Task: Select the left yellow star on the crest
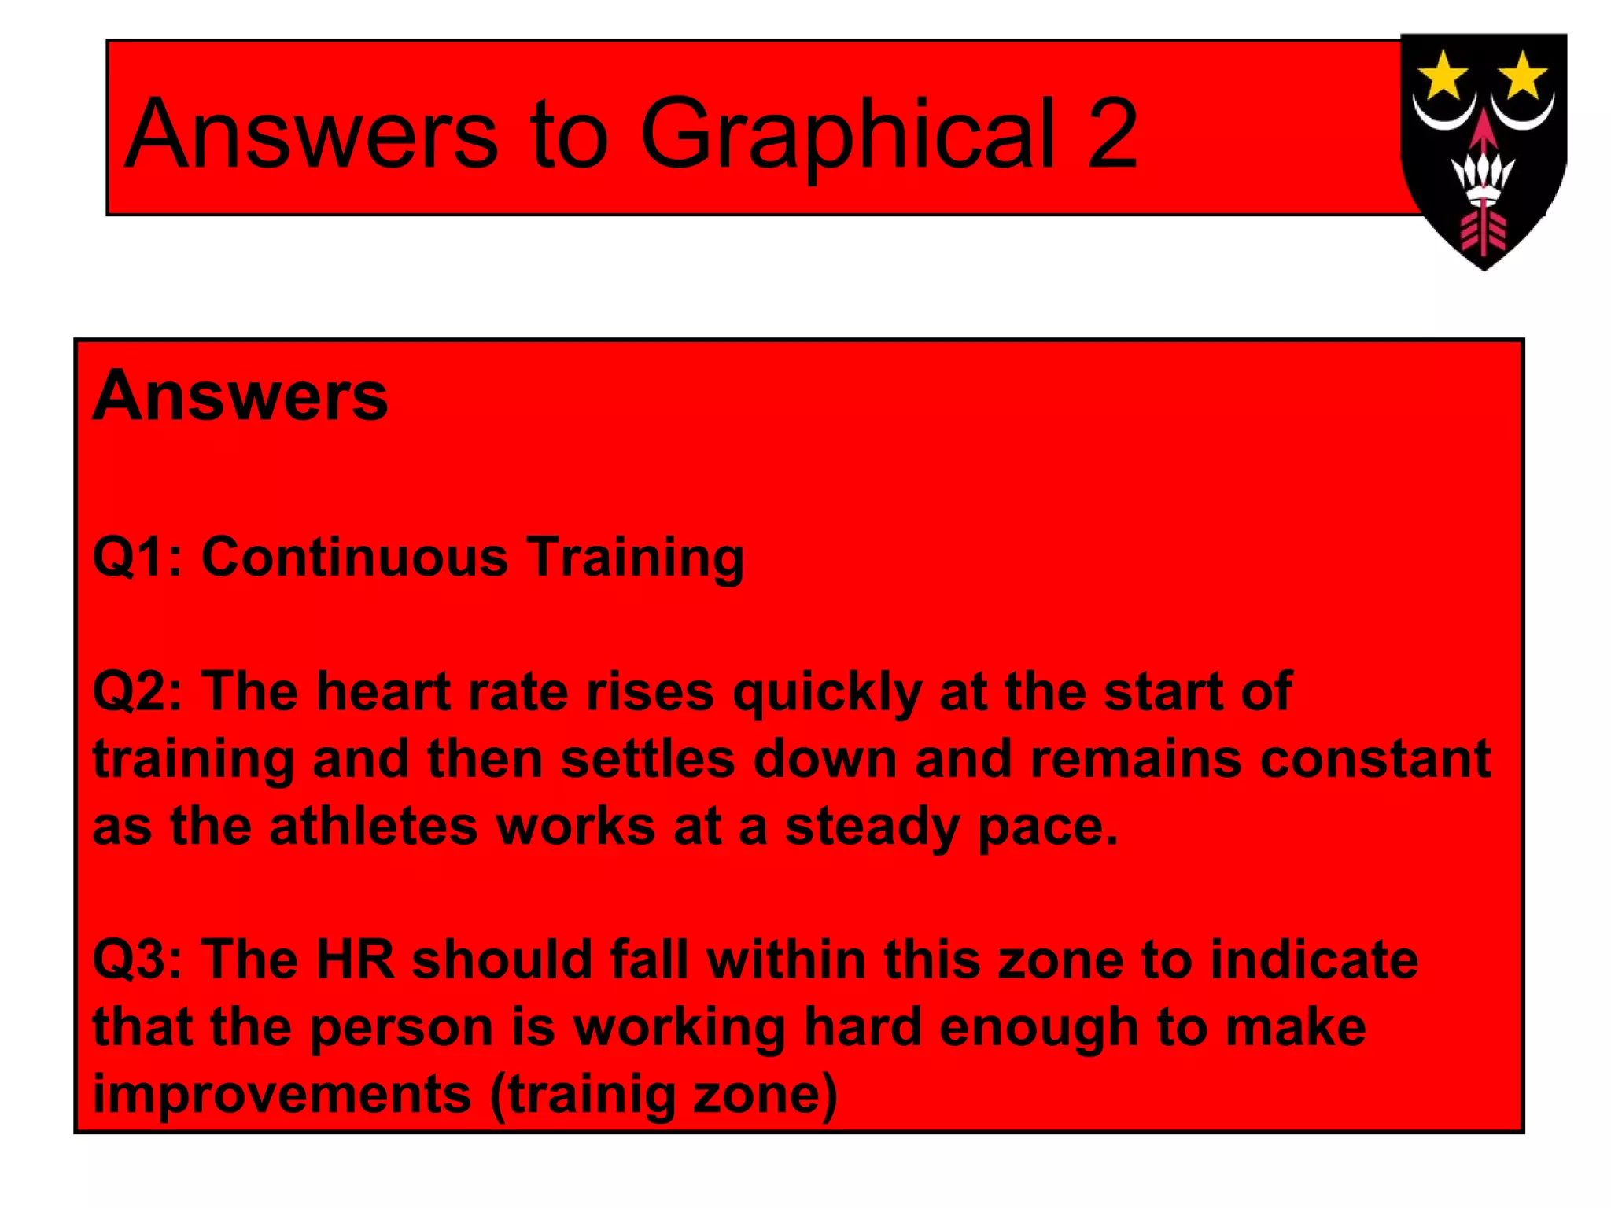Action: point(1442,75)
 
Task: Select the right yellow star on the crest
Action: point(1523,75)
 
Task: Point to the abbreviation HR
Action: point(355,960)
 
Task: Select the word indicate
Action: point(1314,960)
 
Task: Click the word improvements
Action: point(282,1096)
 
